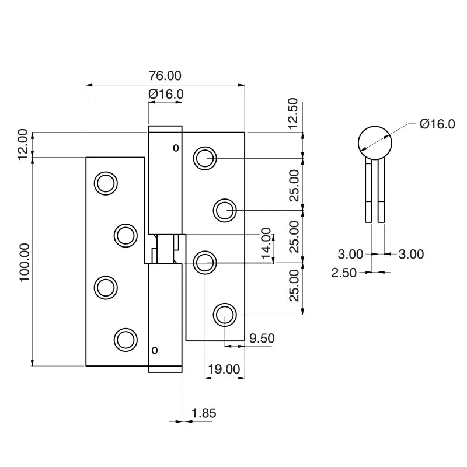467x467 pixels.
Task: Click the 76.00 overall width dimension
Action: point(165,76)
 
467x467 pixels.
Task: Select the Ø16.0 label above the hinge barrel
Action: point(166,94)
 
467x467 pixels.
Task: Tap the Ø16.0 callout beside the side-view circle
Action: point(437,124)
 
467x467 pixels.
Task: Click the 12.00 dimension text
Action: point(22,144)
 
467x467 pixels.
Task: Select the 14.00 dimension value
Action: point(266,243)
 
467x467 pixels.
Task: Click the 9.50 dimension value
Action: point(262,339)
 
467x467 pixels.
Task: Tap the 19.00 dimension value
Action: point(224,369)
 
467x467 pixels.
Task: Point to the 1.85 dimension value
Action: point(204,413)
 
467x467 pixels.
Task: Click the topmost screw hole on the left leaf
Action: point(106,183)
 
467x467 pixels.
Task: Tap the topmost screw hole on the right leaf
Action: point(205,158)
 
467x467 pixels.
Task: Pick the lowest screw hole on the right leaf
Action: point(224,315)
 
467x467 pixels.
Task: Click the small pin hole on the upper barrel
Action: point(176,148)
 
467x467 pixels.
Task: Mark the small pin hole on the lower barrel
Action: point(155,350)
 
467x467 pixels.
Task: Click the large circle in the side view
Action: point(374,142)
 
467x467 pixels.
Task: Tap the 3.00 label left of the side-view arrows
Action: point(350,254)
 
